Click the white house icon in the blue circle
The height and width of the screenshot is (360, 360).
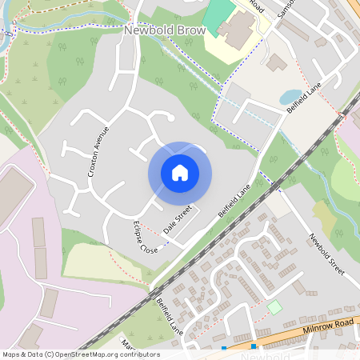(180, 173)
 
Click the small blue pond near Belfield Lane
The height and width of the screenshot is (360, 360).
(290, 97)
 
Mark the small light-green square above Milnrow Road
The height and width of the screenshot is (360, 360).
(274, 306)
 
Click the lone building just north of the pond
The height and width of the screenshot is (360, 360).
(277, 62)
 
